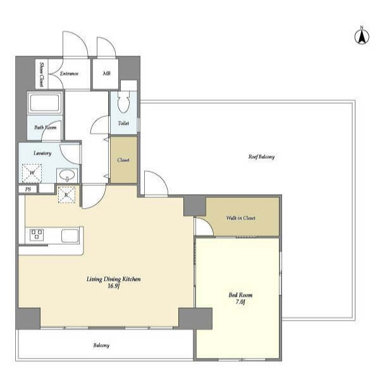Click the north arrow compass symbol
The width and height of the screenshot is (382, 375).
pos(362,36)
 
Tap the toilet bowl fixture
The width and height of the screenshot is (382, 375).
pos(123,102)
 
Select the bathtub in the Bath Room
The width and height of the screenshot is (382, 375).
pos(44,103)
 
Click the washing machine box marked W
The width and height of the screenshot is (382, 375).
pos(32,173)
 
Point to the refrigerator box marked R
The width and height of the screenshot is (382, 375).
pos(66,195)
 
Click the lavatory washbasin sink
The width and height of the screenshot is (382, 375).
pos(67,175)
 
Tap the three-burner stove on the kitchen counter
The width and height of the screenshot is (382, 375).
pos(37,235)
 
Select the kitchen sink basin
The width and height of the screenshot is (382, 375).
pos(70,236)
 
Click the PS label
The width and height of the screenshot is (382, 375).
pos(28,189)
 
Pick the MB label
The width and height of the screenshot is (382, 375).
pos(106,73)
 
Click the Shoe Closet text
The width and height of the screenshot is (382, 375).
pos(42,75)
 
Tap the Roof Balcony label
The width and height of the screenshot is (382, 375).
pos(261,157)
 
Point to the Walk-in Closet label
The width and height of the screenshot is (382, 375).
pos(241,218)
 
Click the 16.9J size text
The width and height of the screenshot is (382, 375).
pos(114,286)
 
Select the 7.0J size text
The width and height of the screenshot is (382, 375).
pos(240,302)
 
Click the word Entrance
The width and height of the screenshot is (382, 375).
pos(69,73)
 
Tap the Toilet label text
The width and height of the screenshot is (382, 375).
pos(123,123)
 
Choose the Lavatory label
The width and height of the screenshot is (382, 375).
pos(42,153)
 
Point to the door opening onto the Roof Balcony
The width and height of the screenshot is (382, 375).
pos(156,183)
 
